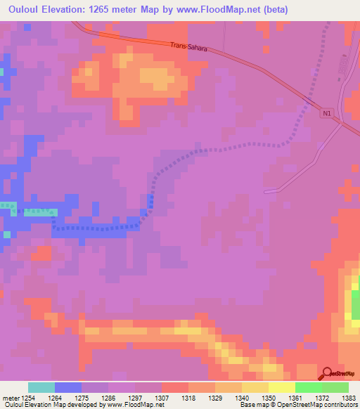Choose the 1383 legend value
coord(347,398)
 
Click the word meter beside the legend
coord(11,398)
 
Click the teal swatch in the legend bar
coord(41,387)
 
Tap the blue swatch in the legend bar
coord(68,387)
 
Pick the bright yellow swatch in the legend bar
coord(281,387)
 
